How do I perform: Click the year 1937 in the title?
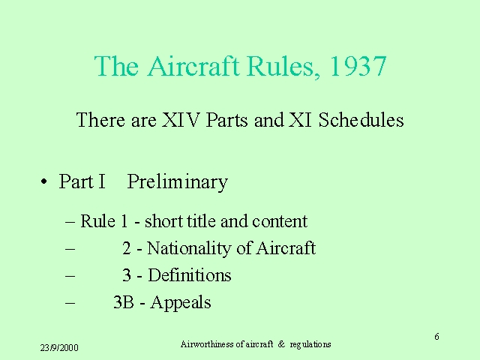point(358,66)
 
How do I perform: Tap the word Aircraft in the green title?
point(193,65)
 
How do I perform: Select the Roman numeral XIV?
point(181,120)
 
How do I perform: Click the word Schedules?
point(361,120)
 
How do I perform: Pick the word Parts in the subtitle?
point(226,120)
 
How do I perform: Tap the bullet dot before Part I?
point(44,181)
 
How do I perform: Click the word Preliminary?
point(177,182)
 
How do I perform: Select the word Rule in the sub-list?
point(97,221)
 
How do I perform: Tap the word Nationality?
point(188,248)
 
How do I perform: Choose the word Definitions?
point(190,275)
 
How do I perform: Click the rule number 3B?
point(124,301)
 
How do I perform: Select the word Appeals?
point(181,303)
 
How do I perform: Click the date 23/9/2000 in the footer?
point(59,348)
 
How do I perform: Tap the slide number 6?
point(436,337)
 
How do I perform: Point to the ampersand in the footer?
point(281,344)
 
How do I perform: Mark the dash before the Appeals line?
point(70,303)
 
